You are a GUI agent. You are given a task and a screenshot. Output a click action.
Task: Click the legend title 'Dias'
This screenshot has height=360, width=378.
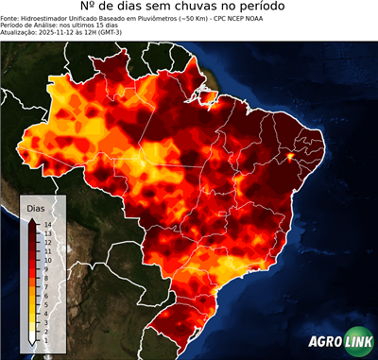(x=35, y=207)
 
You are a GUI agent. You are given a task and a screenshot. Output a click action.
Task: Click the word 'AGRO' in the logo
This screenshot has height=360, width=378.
(x=324, y=342)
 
